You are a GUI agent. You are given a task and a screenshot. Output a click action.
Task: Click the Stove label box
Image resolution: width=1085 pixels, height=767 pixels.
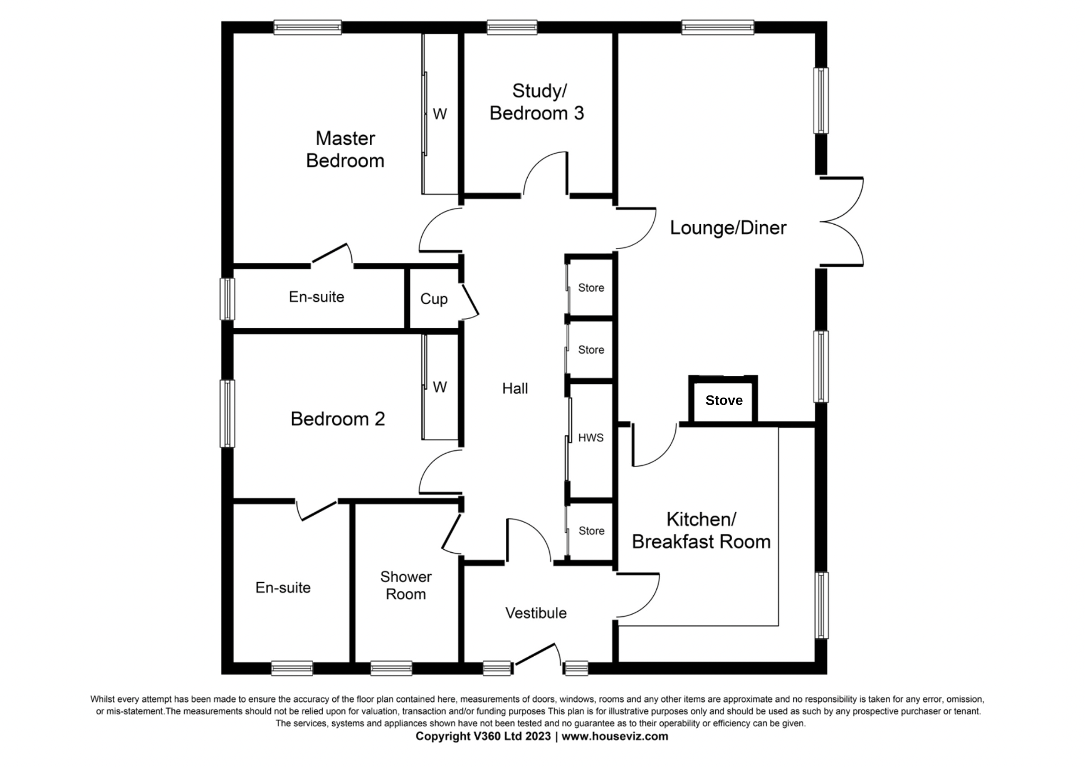pyautogui.click(x=723, y=400)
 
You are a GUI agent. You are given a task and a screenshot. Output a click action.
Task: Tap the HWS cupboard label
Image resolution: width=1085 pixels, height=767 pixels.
pyautogui.click(x=591, y=438)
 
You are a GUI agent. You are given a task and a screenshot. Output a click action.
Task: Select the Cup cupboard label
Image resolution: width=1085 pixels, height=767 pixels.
pyautogui.click(x=434, y=299)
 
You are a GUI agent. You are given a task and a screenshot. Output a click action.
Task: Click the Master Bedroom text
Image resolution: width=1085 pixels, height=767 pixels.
pyautogui.click(x=345, y=149)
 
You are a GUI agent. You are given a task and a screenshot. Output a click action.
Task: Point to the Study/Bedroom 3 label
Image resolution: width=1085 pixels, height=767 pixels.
pyautogui.click(x=537, y=102)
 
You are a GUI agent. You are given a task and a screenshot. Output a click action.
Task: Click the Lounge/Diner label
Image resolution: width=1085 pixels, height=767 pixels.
pyautogui.click(x=728, y=228)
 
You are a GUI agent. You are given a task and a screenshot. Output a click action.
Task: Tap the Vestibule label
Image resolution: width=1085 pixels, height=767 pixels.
pyautogui.click(x=536, y=613)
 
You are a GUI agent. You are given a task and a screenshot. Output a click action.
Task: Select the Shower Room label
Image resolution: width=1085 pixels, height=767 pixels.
pyautogui.click(x=406, y=585)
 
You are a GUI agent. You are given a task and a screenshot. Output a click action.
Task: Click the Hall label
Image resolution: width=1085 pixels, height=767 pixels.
pyautogui.click(x=515, y=389)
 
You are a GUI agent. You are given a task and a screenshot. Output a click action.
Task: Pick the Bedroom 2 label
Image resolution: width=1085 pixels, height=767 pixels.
pyautogui.click(x=337, y=419)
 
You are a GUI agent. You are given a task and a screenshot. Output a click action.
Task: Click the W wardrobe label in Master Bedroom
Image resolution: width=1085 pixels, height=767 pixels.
pyautogui.click(x=440, y=114)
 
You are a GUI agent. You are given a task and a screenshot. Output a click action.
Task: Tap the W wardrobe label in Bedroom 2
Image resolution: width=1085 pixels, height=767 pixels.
pyautogui.click(x=440, y=387)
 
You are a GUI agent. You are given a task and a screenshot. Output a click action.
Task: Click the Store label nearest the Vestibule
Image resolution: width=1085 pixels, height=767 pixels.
pyautogui.click(x=591, y=531)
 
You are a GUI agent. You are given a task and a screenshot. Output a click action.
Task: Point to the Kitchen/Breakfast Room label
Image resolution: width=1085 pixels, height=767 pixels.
pyautogui.click(x=701, y=531)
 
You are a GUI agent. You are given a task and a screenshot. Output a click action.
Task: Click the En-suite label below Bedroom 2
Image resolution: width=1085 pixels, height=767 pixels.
pyautogui.click(x=283, y=587)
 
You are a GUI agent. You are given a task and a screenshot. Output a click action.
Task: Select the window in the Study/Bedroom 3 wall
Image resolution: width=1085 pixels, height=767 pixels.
pyautogui.click(x=512, y=27)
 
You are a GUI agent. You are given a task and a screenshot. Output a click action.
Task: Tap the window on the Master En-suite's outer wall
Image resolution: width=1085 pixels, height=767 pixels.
pyautogui.click(x=227, y=299)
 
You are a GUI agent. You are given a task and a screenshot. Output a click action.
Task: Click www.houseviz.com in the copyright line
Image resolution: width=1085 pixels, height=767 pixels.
pyautogui.click(x=615, y=736)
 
